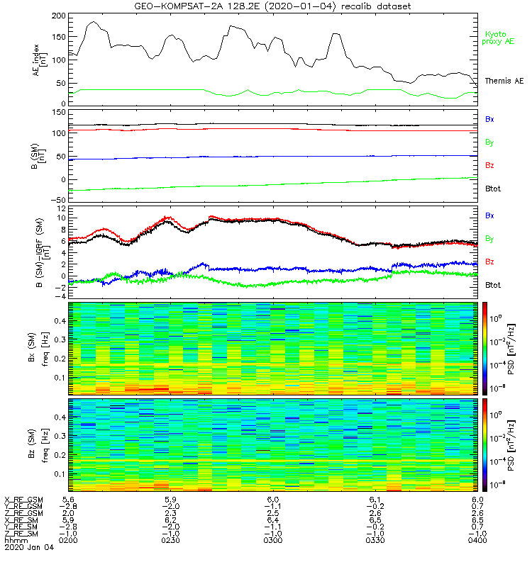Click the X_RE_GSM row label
tap(23, 500)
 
